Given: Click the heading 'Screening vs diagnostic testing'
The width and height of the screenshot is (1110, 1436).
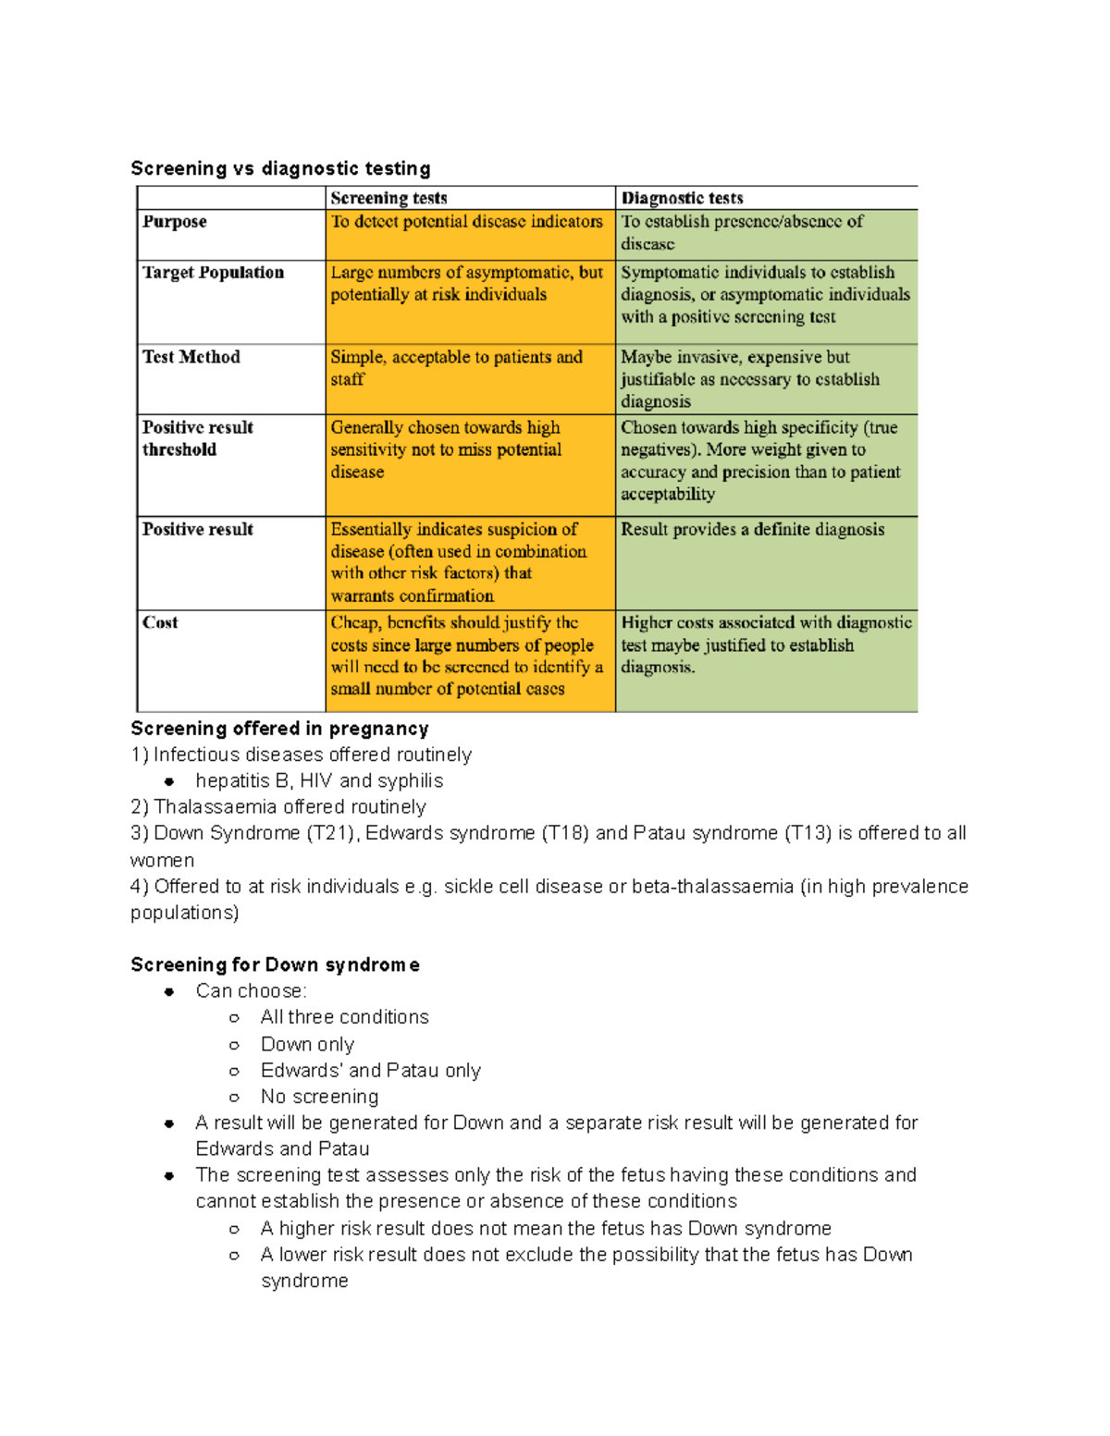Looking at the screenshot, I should [x=280, y=168].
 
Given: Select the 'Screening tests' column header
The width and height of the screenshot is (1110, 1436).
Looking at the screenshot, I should [x=388, y=198].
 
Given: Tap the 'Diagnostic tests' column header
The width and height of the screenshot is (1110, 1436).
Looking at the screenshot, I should [x=682, y=198].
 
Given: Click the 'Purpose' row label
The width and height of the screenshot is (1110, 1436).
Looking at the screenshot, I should [x=175, y=222].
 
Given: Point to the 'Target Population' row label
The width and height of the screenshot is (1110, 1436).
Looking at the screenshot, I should [x=213, y=273].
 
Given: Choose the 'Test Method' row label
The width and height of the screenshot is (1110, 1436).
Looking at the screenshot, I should [x=191, y=357].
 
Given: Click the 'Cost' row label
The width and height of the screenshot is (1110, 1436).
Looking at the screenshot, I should [x=160, y=622].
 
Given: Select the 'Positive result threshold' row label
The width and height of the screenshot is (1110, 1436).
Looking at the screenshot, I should [x=197, y=438].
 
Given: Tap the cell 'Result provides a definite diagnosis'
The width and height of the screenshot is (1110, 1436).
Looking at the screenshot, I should [x=752, y=530].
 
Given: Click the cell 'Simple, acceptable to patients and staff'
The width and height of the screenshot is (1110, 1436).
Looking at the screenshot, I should [x=456, y=368].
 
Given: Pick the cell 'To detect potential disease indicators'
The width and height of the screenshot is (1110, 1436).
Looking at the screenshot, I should [x=466, y=222].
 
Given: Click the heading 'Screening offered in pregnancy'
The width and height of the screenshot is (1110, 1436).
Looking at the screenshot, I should [x=279, y=729].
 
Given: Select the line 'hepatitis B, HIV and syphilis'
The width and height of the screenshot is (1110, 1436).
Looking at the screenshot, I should [x=319, y=781].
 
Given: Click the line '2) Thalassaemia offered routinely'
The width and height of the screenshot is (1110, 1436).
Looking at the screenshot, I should [x=277, y=807].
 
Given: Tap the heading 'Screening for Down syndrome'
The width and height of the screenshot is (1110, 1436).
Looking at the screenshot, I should [x=275, y=965].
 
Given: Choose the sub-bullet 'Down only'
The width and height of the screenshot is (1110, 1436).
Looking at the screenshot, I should [x=307, y=1045].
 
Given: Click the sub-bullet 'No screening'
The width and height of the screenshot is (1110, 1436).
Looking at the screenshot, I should [x=319, y=1098].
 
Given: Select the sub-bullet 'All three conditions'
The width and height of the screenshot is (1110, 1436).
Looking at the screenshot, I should [x=344, y=1018].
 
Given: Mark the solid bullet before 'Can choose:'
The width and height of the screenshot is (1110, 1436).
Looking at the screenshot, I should [x=169, y=992].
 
